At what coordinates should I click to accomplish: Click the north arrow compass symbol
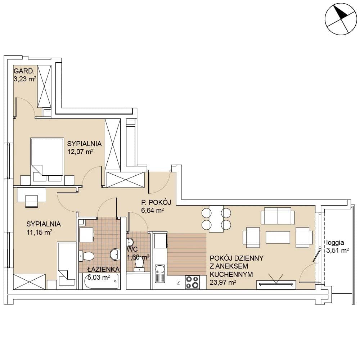pos(341,19)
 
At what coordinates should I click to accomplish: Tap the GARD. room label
pos(24,71)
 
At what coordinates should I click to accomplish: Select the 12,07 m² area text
pos(80,152)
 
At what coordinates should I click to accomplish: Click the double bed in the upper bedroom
pos(47,160)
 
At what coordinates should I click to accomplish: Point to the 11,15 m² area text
pos(39,232)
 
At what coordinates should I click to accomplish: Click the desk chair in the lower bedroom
pos(31,201)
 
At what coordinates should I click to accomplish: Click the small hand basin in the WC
pos(130,242)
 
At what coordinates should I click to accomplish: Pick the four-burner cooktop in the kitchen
pos(192,282)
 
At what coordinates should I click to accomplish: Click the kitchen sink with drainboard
pos(160,274)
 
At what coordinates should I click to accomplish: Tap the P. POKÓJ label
pos(156,202)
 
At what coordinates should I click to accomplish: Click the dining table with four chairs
pos(216,219)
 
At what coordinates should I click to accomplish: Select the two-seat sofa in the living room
pos(278,216)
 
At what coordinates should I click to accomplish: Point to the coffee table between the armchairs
pos(278,237)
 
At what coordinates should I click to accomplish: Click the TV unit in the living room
pos(276,284)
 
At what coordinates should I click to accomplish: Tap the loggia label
pos(335,243)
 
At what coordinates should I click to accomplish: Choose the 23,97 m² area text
pos(223,282)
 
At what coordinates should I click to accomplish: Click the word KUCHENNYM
pos(231,274)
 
